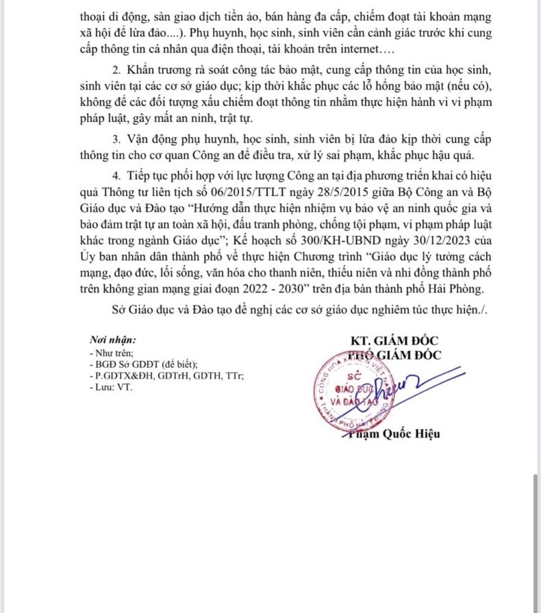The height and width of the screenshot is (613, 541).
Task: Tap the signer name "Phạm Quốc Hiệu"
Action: [392, 434]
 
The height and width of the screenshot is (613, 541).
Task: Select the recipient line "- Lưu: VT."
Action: [112, 387]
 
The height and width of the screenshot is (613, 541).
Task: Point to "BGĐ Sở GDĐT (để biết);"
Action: [144, 364]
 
